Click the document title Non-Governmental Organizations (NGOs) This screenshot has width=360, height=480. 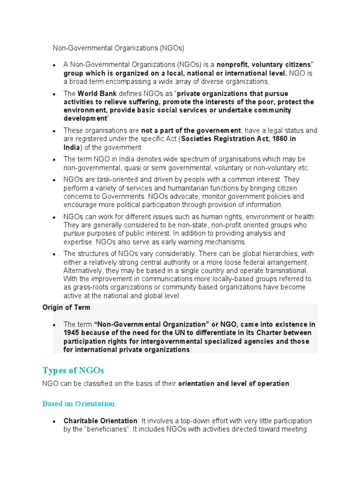[x=118, y=48]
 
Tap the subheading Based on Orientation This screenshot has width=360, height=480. [x=78, y=403]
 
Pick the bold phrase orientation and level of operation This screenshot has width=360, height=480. [x=234, y=383]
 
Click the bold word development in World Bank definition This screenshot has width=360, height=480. [x=85, y=119]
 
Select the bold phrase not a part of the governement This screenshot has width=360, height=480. [x=191, y=130]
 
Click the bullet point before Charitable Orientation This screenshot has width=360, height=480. [x=54, y=421]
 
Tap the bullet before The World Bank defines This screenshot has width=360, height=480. [x=54, y=94]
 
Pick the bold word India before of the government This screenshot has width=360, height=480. [x=72, y=147]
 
